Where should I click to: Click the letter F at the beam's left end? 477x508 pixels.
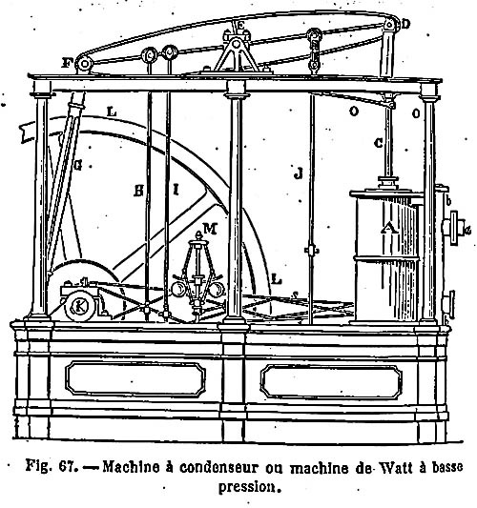66,63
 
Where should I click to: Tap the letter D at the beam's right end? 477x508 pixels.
405,24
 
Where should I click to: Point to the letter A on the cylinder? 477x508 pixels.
389,229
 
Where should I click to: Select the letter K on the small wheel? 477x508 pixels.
79,306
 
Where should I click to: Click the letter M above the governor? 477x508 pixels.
210,229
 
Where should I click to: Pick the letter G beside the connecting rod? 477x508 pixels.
78,166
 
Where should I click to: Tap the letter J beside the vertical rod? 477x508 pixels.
298,173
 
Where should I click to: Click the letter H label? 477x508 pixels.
138,192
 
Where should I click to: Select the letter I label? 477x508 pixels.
176,190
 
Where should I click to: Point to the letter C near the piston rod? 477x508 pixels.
379,143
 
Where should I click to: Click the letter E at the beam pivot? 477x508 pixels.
240,26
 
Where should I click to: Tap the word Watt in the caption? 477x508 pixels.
394,468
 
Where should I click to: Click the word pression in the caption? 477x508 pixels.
248,487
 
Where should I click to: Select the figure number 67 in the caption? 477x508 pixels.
68,467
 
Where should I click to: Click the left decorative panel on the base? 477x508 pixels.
135,378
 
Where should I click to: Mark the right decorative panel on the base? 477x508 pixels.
331,381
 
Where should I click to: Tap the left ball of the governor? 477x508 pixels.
179,289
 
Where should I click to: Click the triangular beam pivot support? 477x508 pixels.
237,54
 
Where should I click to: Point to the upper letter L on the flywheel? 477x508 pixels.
112,112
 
